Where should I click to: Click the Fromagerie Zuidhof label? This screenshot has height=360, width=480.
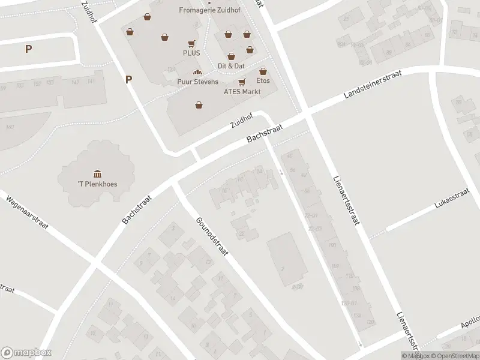click(206, 10)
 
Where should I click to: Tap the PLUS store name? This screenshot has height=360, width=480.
click(192, 53)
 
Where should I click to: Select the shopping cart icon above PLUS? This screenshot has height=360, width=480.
click(191, 43)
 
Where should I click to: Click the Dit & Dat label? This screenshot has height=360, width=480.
click(231, 65)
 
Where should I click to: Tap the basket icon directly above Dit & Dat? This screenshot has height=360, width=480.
click(231, 56)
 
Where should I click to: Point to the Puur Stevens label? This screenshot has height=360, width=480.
click(197, 82)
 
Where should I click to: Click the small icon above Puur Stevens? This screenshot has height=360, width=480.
click(197, 73)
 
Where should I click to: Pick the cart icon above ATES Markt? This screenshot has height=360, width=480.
click(242, 82)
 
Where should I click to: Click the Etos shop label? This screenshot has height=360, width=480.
click(263, 80)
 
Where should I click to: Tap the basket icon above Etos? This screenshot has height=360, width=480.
click(263, 71)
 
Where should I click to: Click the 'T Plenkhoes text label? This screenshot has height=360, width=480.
click(97, 184)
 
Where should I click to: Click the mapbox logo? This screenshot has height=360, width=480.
click(26, 352)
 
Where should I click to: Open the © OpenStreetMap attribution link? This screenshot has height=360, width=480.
click(455, 356)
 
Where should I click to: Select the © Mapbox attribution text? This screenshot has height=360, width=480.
click(416, 356)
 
